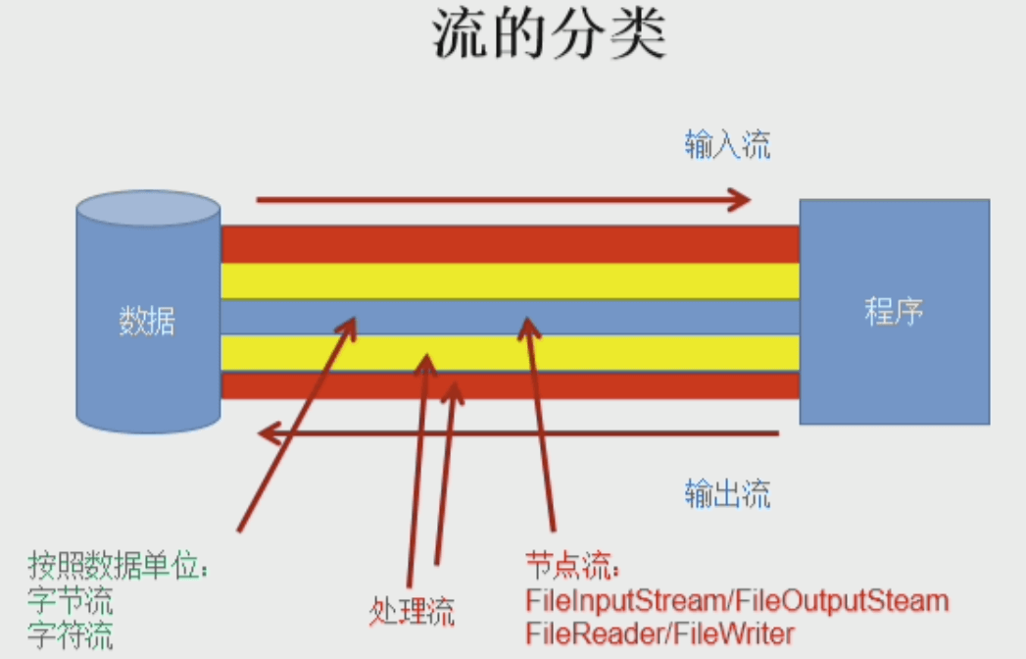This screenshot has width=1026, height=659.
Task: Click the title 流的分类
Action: click(x=548, y=36)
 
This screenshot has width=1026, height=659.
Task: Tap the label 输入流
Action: click(x=727, y=144)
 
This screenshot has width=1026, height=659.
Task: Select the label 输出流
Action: click(x=727, y=492)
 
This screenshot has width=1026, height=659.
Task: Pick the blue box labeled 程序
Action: click(x=894, y=312)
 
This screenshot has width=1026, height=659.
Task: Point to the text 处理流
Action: click(x=413, y=612)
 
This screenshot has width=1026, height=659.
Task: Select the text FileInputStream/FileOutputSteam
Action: click(x=737, y=599)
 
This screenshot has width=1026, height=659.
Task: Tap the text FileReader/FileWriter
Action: click(x=660, y=634)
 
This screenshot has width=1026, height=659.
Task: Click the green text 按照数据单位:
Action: click(x=120, y=566)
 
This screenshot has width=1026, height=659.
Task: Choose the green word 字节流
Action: click(x=71, y=599)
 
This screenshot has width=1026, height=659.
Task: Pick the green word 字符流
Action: click(x=71, y=634)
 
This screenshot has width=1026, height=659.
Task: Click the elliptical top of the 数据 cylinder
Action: click(x=148, y=209)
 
